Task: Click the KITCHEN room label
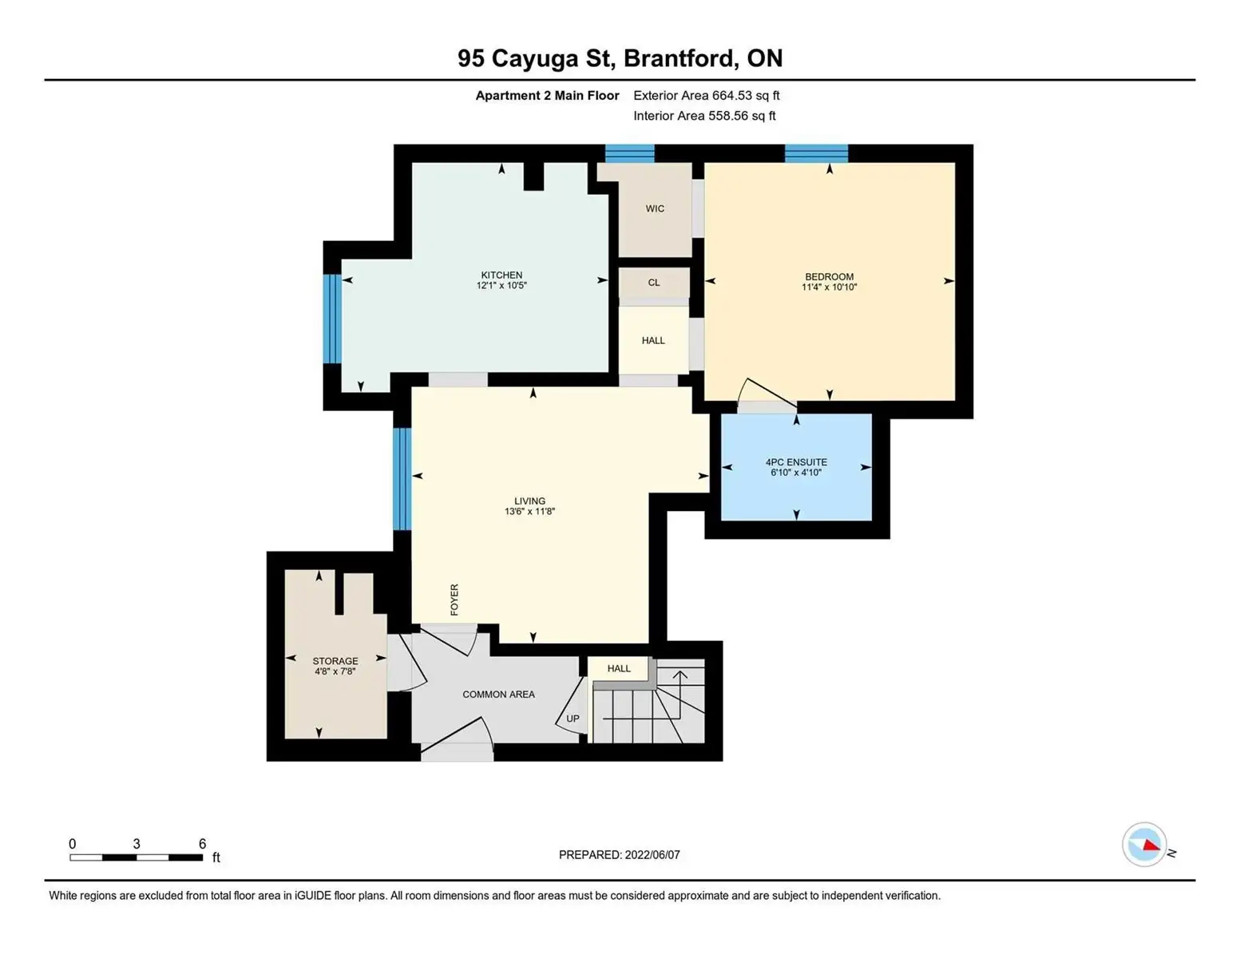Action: click(x=501, y=275)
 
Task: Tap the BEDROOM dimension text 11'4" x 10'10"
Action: click(x=829, y=287)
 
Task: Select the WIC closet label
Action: click(x=655, y=209)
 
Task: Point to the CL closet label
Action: click(x=653, y=283)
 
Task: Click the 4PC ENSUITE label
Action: click(x=795, y=462)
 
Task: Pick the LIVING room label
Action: click(x=529, y=501)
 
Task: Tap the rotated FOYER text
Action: click(x=454, y=599)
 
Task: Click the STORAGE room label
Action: click(x=335, y=661)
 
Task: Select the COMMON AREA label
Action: click(x=498, y=694)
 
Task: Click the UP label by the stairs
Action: click(x=572, y=718)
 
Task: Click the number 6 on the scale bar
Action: click(x=202, y=843)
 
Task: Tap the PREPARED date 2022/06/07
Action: click(x=652, y=855)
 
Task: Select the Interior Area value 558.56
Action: click(x=727, y=116)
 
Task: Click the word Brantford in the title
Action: click(x=678, y=58)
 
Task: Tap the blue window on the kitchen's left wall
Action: click(x=332, y=319)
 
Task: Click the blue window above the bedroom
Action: click(x=816, y=153)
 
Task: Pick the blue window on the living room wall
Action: click(x=402, y=479)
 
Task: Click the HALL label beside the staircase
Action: click(x=619, y=668)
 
